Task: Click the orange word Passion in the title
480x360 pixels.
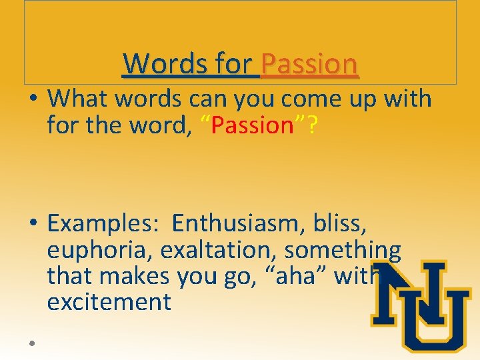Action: (x=310, y=64)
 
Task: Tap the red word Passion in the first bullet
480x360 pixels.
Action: (x=252, y=125)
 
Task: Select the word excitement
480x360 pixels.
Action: (x=109, y=302)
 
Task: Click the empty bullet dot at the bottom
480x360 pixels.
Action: (x=32, y=343)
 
